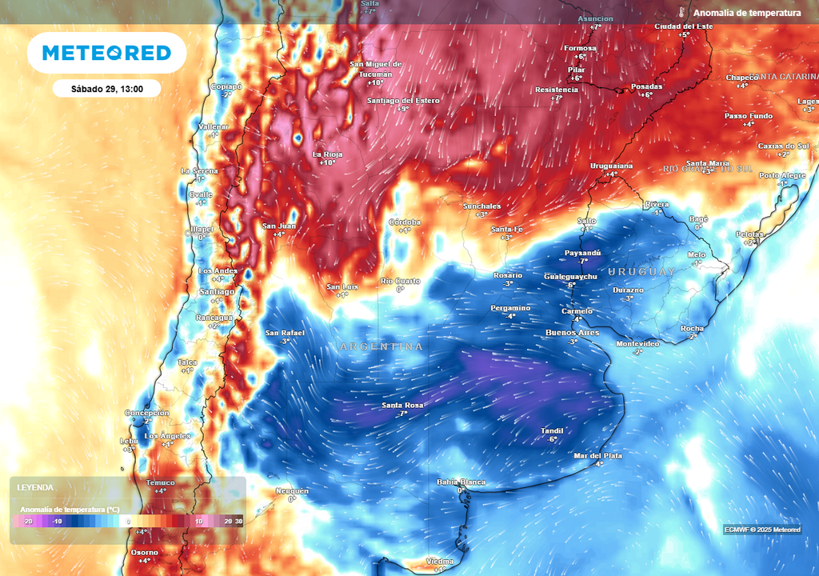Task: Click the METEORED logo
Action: click(106, 53)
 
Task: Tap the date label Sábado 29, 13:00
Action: click(106, 89)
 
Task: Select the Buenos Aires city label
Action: click(572, 332)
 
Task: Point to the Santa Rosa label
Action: click(402, 406)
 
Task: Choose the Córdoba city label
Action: click(404, 222)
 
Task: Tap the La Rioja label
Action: click(328, 154)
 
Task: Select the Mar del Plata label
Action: click(597, 455)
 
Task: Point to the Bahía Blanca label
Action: click(461, 482)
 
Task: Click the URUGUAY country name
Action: click(641, 272)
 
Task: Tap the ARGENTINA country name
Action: click(382, 346)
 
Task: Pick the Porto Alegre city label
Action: click(782, 175)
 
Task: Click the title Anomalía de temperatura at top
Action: click(747, 13)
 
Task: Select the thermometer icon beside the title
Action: click(682, 13)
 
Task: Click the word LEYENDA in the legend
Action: click(37, 487)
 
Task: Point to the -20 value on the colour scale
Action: click(27, 521)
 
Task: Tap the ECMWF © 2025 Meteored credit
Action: click(762, 530)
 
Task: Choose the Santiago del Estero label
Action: click(404, 100)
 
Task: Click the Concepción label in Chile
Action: click(146, 413)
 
